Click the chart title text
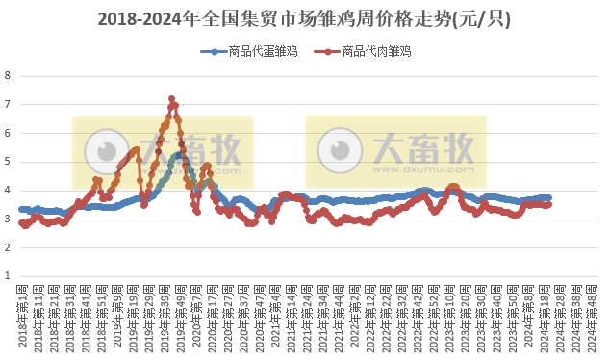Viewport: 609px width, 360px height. pyautogui.click(x=304, y=18)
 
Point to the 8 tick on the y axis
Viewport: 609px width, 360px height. pyautogui.click(x=8, y=75)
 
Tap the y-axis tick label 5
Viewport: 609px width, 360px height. pyautogui.click(x=8, y=162)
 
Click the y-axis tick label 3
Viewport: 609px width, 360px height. pyautogui.click(x=8, y=219)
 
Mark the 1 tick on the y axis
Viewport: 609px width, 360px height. pyautogui.click(x=8, y=276)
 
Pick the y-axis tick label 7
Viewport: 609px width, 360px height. pyautogui.click(x=8, y=104)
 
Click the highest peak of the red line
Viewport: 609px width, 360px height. pyautogui.click(x=171, y=98)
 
